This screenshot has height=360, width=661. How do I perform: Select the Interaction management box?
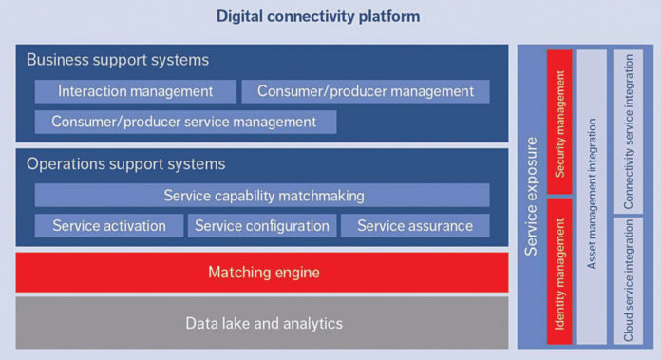[x=135, y=91]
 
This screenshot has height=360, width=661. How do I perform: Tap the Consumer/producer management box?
[x=366, y=91]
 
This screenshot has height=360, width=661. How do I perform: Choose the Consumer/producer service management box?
[x=184, y=122]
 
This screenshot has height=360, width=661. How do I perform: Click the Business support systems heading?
[x=118, y=60]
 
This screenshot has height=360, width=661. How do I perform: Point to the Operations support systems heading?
[x=125, y=163]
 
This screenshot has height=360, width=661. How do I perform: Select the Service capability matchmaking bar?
[x=263, y=196]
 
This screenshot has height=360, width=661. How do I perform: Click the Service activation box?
[x=108, y=225]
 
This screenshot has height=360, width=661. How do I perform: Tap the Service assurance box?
[x=415, y=225]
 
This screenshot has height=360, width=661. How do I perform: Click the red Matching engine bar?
[x=263, y=273]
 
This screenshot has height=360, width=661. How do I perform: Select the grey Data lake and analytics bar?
[x=263, y=323]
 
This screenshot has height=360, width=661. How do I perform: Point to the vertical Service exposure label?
[x=532, y=196]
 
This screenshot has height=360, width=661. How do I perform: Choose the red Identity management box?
[x=560, y=272]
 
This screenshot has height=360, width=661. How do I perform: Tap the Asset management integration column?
[x=593, y=196]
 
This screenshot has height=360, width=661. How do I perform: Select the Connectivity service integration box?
[x=628, y=130]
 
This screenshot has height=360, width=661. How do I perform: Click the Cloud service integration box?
[x=628, y=280]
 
